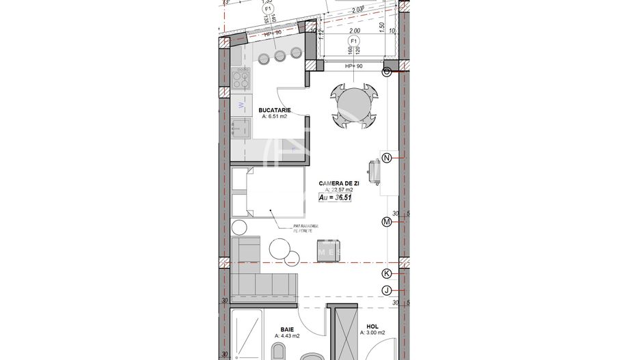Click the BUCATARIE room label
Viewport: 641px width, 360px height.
275,109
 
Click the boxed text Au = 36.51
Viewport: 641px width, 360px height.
336,197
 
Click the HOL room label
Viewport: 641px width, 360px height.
372,326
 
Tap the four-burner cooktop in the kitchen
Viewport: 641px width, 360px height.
241,81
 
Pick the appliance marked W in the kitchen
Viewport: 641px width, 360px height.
241,105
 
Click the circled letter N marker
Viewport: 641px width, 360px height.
387,158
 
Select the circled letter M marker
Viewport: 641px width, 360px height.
387,221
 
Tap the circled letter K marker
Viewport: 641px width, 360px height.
387,273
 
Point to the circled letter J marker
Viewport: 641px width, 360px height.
387,291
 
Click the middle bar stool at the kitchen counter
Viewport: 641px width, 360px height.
279,55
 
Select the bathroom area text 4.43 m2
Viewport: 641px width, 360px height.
287,335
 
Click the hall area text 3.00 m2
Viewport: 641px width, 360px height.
372,333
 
